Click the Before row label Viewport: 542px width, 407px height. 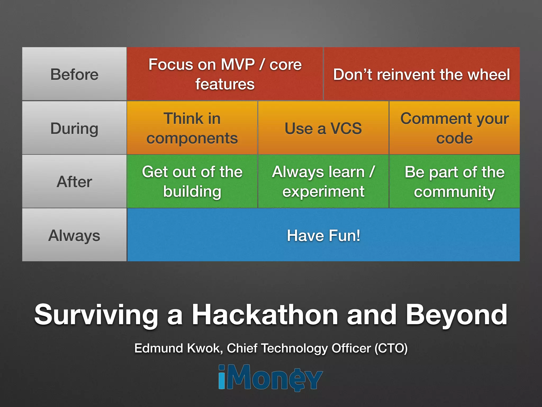(74, 74)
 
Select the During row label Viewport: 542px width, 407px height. (74, 129)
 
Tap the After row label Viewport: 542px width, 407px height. (74, 182)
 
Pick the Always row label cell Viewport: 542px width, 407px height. (74, 235)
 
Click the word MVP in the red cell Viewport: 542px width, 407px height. (237, 64)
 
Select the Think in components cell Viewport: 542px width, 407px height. (192, 128)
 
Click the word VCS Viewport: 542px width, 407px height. (346, 129)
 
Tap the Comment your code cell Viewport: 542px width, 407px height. (454, 128)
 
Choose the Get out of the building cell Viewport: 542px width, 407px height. (192, 182)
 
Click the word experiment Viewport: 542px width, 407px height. (323, 192)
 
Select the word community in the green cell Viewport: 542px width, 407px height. (454, 192)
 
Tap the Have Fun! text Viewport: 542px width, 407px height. (323, 236)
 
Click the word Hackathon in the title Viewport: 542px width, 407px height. (265, 315)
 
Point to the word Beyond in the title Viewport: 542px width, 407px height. (456, 315)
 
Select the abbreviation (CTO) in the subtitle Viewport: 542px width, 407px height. (391, 348)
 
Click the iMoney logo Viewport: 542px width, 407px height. (270, 377)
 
